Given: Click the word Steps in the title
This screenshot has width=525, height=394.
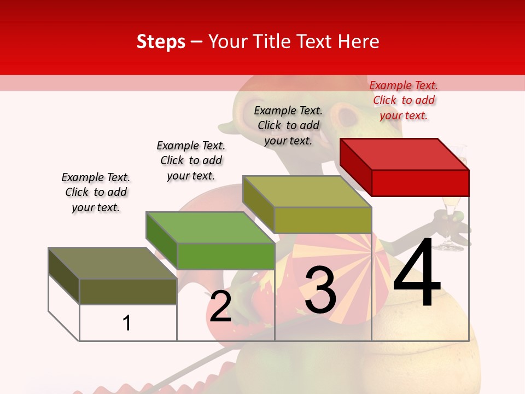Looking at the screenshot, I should [x=161, y=42].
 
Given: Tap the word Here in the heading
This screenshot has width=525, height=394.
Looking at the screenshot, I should [x=358, y=42].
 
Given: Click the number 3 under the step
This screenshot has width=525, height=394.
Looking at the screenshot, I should [x=320, y=290].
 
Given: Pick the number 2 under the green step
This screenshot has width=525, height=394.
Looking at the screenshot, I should [x=220, y=306].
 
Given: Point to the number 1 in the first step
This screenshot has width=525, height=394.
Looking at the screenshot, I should [x=127, y=323].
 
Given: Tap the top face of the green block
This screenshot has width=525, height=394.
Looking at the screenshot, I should [x=210, y=227].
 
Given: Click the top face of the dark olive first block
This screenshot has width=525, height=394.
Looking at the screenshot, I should [x=113, y=263].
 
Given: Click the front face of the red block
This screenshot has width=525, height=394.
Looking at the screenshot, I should [x=420, y=183].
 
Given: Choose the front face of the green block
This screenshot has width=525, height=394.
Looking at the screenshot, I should [x=225, y=256].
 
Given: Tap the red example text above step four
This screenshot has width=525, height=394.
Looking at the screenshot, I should [x=404, y=100].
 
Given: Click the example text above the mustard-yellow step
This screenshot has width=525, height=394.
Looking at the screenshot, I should [x=288, y=125].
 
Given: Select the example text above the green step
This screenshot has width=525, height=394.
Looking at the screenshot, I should [x=191, y=160].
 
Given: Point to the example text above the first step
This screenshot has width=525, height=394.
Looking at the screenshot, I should [x=96, y=192].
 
